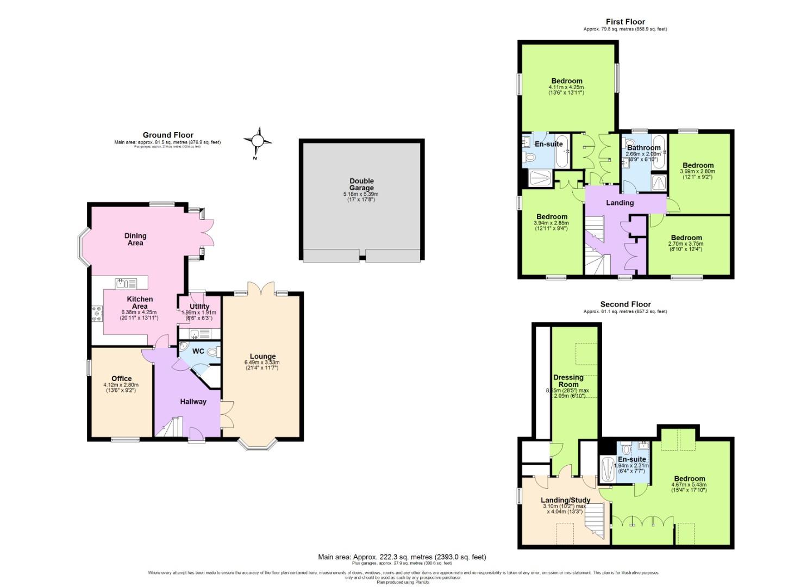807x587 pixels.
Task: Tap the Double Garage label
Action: pos(361,184)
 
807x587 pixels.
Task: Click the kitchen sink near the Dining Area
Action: pos(127,283)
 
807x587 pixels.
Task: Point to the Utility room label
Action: pos(199,307)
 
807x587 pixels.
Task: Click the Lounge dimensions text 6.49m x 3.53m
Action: pos(262,363)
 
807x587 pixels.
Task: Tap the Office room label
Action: pos(121,379)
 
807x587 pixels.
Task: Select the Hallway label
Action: pos(193,402)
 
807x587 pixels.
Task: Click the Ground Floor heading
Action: pos(168,135)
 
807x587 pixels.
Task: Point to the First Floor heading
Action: pos(625,22)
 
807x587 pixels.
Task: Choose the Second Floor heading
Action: pos(625,304)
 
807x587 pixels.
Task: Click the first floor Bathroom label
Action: pos(643,147)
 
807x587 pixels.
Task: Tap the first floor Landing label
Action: pos(620,203)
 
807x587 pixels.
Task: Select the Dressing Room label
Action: pos(568,380)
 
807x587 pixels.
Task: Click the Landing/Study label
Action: pos(565,500)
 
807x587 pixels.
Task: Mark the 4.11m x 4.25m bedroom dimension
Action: pos(566,87)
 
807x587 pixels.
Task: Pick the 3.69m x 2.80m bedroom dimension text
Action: pos(698,171)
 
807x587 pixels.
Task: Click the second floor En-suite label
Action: pos(631,459)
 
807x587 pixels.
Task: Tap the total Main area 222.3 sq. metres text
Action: pos(402,557)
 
